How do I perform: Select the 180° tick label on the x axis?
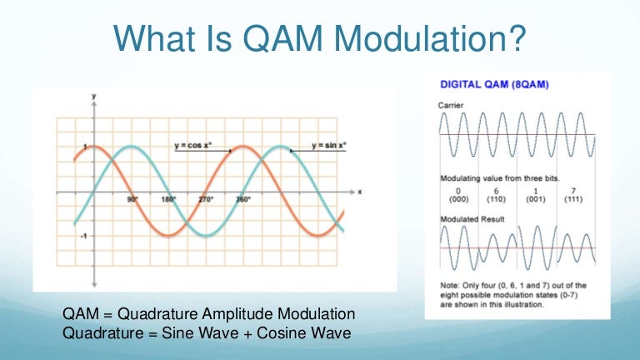click(x=169, y=200)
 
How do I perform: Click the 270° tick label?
click(x=206, y=200)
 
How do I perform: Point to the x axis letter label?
click(x=359, y=192)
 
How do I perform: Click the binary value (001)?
click(x=537, y=200)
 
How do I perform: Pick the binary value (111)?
click(x=575, y=200)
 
